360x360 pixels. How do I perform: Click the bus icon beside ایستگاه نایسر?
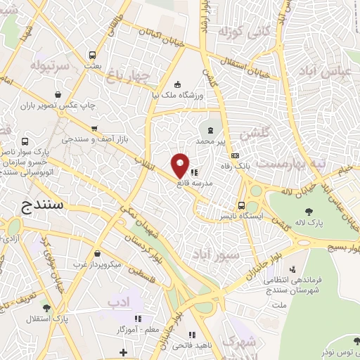point(242,206)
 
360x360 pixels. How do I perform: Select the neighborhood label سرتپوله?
point(49,67)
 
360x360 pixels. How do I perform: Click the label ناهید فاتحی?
point(192,345)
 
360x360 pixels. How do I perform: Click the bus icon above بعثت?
point(92,55)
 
